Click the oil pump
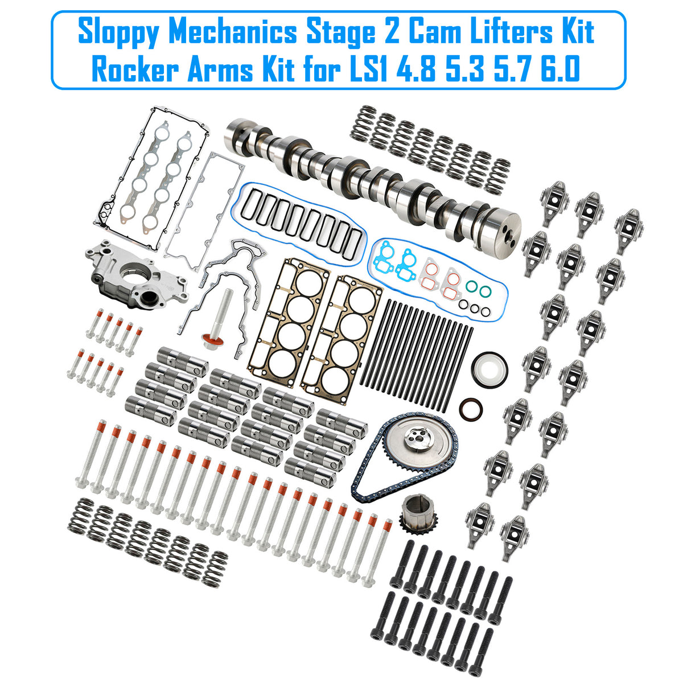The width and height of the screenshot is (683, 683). [136, 275]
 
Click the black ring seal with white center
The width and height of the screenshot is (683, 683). [489, 371]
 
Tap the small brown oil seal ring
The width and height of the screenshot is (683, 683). [471, 409]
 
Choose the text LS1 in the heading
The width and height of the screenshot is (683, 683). [371, 69]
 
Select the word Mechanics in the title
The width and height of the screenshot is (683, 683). [232, 32]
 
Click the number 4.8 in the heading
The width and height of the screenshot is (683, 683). [416, 69]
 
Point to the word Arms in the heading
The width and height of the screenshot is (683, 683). [220, 69]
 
